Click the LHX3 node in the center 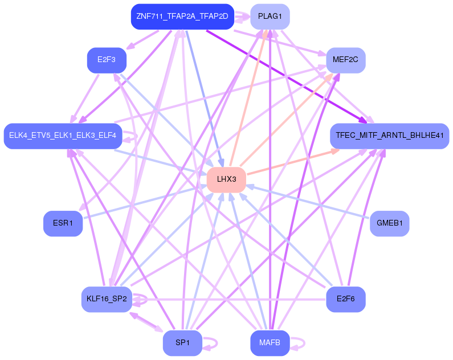[226, 179]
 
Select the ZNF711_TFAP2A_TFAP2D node [182, 17]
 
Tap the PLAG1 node [270, 17]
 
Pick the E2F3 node [107, 60]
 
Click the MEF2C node [345, 60]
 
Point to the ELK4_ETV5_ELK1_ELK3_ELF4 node [63, 136]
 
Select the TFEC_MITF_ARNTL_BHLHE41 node [389, 136]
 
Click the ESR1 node [63, 223]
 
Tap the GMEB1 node [389, 223]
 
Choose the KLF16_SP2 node [107, 299]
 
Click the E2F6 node [345, 299]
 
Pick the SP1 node [182, 343]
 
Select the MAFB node [270, 343]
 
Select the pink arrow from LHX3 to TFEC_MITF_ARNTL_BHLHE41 [293, 162]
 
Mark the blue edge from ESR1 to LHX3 [145, 202]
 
